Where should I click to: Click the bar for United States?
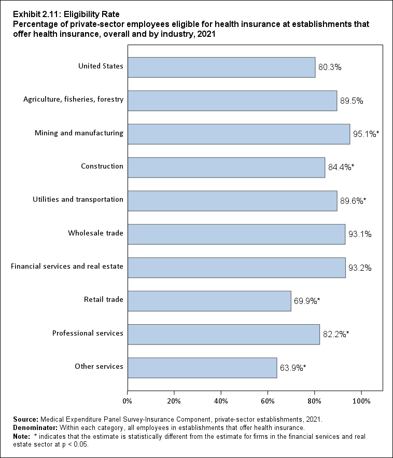221,67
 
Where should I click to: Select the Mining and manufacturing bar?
238,134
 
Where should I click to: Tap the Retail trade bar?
209,301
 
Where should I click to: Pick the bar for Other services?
202,368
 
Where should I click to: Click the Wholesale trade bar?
236,234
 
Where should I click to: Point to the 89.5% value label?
352,101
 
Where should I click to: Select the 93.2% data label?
360,268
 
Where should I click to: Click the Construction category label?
102,166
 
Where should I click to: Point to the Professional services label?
88,333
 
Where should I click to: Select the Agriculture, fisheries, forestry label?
74,100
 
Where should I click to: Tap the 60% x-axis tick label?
268,401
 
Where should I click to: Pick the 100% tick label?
361,401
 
